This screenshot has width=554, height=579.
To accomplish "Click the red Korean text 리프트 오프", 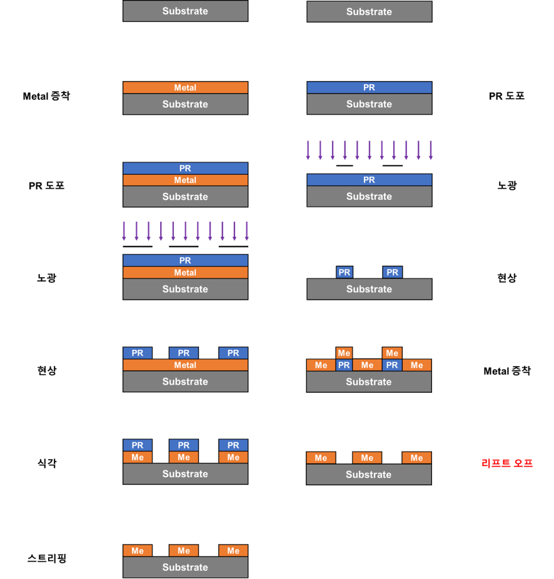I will pos(507,463).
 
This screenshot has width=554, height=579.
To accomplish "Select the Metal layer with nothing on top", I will pos(185,87).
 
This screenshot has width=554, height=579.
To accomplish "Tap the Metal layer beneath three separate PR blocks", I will pos(185,365).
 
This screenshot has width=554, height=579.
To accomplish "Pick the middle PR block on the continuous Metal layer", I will pos(183,353).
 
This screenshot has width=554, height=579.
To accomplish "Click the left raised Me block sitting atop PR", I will pos(344,353).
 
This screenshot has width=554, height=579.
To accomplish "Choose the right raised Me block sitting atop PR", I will pos(392,353).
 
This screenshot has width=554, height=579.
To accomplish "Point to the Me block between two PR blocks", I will pos(367,365).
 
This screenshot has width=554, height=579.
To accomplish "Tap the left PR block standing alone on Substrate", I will pos(344,272).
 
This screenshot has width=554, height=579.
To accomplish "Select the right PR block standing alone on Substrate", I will pos(392,272).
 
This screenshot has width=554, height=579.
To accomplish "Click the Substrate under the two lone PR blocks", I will pos(369,289).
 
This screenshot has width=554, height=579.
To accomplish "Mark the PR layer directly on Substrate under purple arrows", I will pos(369,180).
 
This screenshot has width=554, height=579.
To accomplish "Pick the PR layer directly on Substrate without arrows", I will pos(369,87).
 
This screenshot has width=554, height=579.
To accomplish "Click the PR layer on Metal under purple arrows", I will pos(185,260).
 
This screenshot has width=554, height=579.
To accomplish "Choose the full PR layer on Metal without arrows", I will pos(185,168).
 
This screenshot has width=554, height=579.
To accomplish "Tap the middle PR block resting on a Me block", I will pos(183,445).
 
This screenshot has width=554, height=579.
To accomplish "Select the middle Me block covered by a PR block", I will pos(183,457).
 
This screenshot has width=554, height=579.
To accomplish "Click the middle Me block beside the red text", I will pos(367,458).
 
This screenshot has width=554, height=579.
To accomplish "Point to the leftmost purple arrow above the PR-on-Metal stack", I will pos(124,230).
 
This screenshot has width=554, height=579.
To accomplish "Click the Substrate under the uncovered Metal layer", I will pos(185,104).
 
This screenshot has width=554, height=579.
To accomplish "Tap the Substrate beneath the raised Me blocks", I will pos(369,382).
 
